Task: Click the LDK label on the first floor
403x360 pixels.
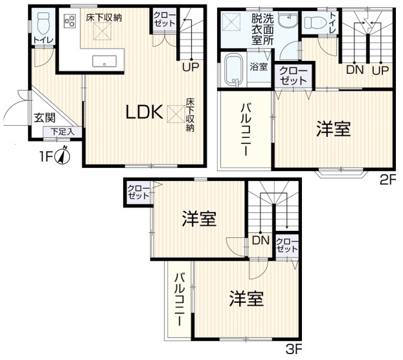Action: (x=144, y=112)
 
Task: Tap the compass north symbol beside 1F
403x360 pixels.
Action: (x=62, y=156)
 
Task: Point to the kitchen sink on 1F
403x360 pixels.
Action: (x=104, y=61)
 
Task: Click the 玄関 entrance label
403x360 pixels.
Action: (x=45, y=118)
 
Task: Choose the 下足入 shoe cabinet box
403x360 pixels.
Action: (x=62, y=132)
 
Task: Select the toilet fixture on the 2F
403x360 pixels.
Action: (x=316, y=23)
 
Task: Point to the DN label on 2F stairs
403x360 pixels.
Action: (x=355, y=70)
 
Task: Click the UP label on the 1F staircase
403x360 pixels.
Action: (x=190, y=67)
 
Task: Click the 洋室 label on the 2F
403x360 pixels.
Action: (x=333, y=128)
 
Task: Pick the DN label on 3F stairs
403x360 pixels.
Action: (x=260, y=240)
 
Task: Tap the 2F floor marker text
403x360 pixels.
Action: (x=388, y=180)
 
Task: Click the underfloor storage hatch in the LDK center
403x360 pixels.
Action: (x=176, y=114)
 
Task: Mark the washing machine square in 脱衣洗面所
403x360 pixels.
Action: (x=231, y=22)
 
